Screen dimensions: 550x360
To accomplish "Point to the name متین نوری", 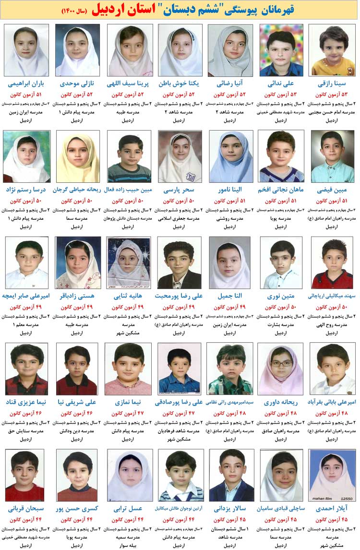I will (281, 296).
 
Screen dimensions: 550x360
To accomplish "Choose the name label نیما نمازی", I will (128, 402).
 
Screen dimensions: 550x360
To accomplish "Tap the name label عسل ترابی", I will (128, 508).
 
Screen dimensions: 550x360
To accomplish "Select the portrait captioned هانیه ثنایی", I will (128, 262).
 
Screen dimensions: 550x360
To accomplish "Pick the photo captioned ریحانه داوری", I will (281, 369).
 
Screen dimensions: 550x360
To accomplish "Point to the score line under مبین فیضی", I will (333, 201).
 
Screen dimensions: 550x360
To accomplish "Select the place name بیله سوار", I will (128, 545).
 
